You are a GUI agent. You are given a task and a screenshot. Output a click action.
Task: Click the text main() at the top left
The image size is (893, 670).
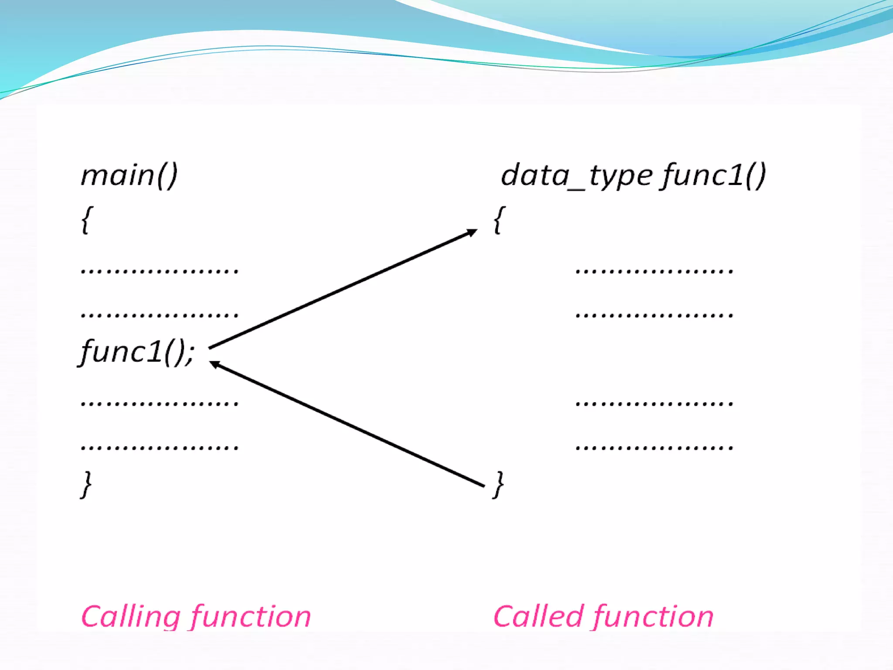click(129, 176)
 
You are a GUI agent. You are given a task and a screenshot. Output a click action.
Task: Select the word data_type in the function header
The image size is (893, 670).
click(576, 176)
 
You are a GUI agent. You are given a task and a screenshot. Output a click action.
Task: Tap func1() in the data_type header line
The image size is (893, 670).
click(713, 176)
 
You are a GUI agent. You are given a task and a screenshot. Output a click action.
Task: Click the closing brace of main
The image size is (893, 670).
click(87, 484)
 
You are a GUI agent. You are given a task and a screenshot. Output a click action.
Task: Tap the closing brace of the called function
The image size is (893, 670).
click(498, 484)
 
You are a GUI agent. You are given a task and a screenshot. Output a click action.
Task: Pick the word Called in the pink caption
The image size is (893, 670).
click(538, 617)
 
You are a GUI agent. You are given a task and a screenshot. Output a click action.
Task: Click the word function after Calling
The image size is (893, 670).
click(251, 617)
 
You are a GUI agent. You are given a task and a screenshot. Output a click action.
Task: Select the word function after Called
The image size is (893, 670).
click(654, 617)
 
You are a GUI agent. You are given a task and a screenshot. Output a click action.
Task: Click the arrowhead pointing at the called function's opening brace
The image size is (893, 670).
click(473, 232)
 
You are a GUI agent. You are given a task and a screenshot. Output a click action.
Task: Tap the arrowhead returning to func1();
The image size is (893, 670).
click(214, 364)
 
